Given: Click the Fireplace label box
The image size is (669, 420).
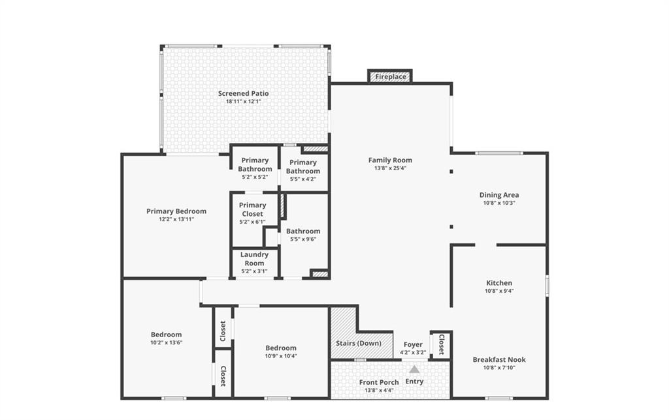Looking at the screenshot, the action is coord(391,77).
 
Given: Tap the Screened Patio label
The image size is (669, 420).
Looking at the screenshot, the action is coord(244,93).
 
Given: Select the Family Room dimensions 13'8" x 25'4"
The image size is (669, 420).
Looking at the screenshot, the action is coord(391,168).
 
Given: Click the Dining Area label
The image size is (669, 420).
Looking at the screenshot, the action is coord(499,195).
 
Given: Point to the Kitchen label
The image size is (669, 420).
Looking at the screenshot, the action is coord(499,283).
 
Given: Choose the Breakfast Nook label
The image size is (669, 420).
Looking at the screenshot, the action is coord(499,359).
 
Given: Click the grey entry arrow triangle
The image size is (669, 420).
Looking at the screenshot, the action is coord(414,369).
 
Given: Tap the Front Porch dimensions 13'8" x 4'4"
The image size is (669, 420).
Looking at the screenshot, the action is coord(379,390).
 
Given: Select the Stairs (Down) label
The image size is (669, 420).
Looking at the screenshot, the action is coord(359,343).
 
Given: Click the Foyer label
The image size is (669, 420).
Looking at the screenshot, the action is coord(413,344).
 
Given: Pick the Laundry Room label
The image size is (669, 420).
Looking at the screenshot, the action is coord(254,259).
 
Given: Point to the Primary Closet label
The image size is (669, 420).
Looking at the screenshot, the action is coord(253,209).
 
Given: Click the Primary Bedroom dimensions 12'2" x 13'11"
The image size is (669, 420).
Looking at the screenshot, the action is coord(176,219).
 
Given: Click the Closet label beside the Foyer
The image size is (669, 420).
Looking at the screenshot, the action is coord(442,344).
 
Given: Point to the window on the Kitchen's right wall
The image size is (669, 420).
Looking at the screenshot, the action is coord(547,286).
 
